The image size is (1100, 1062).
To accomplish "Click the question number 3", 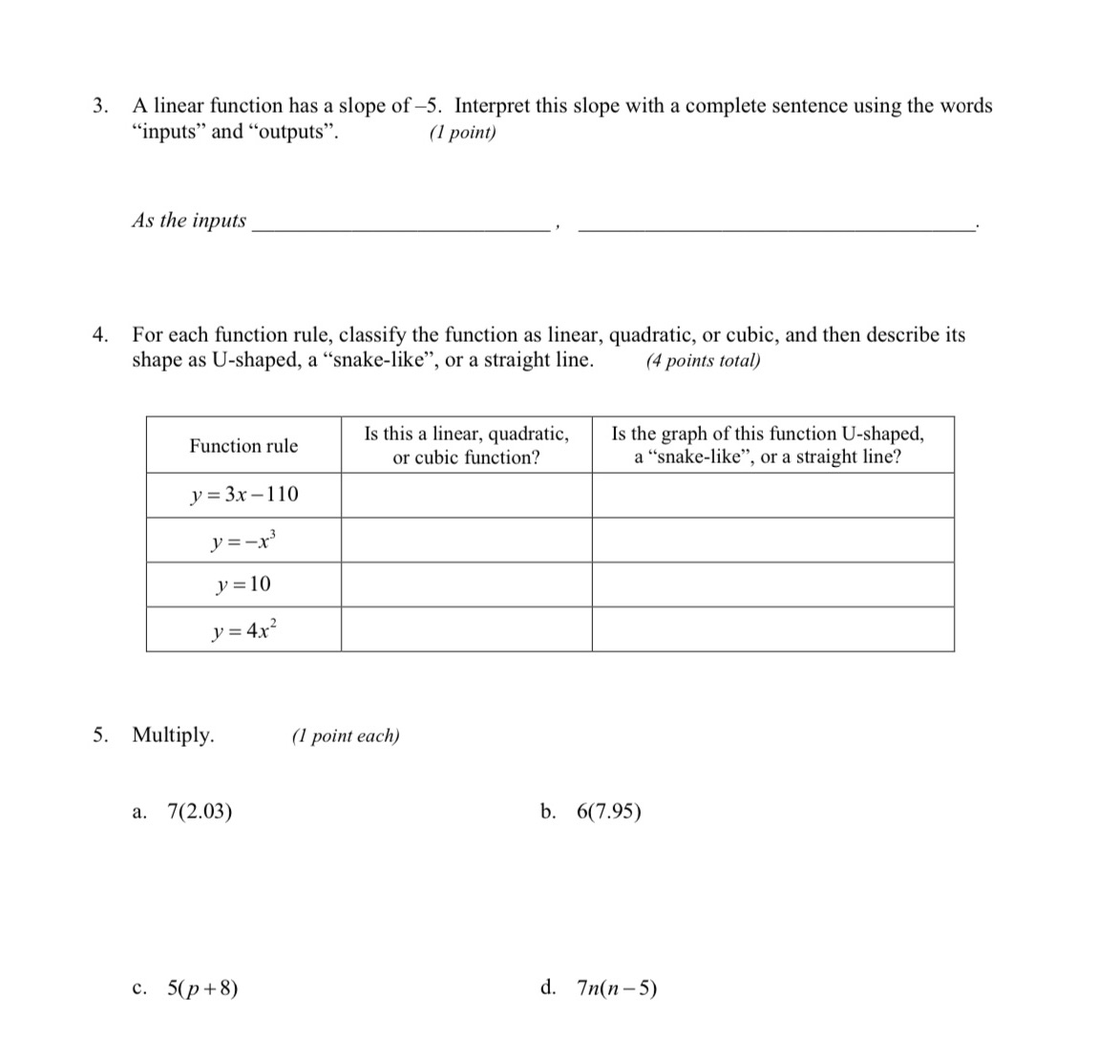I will point(99,106).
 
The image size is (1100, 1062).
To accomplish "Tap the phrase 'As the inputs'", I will point(189,221).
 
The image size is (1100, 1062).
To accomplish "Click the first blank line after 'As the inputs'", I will point(399,227).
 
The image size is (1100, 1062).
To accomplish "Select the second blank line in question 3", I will point(777,227).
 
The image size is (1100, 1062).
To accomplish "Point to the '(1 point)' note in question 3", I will point(463,133).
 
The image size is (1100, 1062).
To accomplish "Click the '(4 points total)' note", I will point(703,361).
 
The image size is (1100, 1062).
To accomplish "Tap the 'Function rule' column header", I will point(243,446).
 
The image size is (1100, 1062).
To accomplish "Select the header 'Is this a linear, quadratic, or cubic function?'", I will point(466,445).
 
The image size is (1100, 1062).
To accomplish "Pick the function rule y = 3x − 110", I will point(243,495).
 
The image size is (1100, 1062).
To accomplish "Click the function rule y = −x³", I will point(243,540).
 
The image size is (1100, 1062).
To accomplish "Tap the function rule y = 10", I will point(243,584).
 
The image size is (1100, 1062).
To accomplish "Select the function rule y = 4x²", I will point(243,629).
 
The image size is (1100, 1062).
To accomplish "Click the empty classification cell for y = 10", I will point(466,584).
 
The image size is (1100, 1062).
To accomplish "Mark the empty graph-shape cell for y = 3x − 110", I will point(772,495).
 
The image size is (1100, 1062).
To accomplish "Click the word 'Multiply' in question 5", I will point(173,735).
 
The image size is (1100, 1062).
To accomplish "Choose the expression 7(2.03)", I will point(200,813).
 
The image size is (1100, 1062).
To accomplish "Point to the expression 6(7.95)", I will point(609,813).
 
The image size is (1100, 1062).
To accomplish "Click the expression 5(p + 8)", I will point(202,988).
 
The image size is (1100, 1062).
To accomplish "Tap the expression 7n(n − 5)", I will point(617,988).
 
